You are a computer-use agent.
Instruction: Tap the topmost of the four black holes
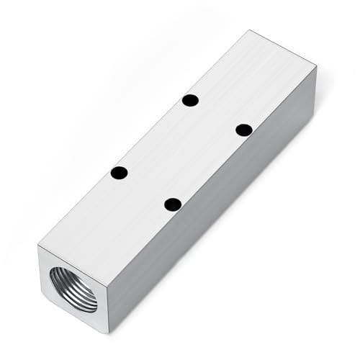(x=190, y=100)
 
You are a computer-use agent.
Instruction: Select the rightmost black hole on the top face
(x=244, y=130)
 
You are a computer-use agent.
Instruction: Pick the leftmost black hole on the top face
(x=120, y=173)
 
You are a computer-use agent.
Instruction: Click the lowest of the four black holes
(x=172, y=204)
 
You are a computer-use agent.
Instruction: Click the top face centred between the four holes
(x=181, y=152)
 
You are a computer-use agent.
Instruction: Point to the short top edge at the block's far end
(x=284, y=49)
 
